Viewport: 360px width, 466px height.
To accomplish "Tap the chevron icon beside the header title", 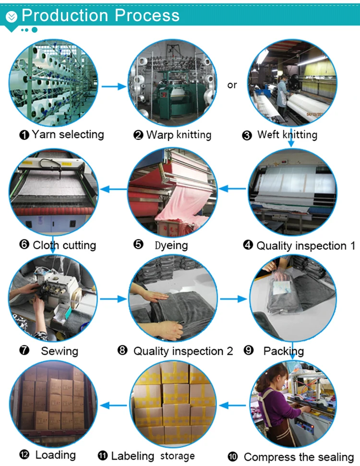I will tap(12, 17).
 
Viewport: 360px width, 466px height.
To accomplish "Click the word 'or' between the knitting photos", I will tap(232, 85).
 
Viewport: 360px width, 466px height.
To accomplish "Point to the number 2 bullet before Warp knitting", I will tap(138, 135).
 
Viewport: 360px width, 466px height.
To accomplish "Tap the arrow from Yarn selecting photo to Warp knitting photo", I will tap(115, 86).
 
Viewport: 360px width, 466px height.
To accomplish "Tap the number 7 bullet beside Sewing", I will tap(24, 351).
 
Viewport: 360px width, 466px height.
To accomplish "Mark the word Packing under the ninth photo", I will tap(283, 351).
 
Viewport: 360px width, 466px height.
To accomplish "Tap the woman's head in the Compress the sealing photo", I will tap(271, 375).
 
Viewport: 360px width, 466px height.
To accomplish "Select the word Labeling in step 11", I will tap(132, 455).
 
